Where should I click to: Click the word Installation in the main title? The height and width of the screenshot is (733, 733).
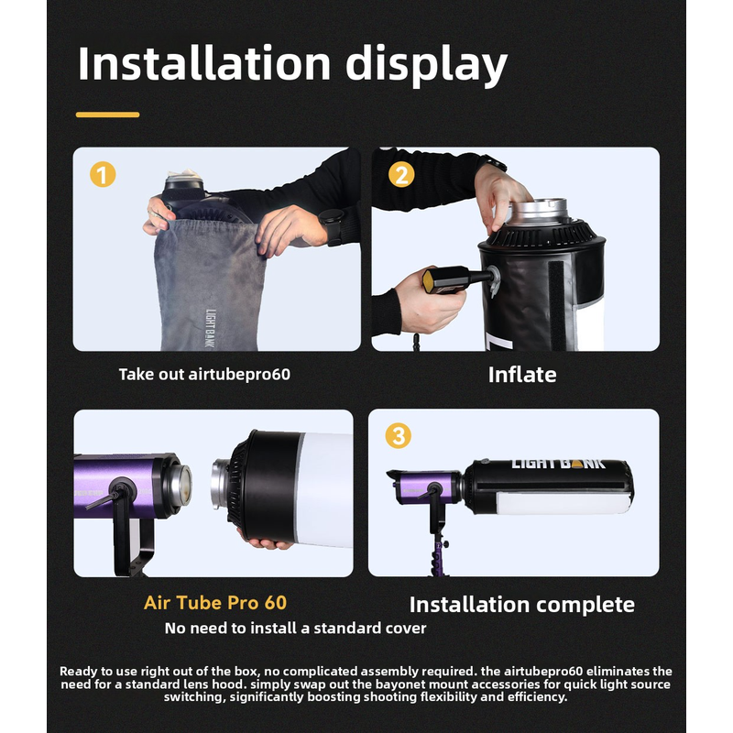[x=204, y=63]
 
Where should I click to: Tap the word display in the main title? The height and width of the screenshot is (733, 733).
[x=426, y=65]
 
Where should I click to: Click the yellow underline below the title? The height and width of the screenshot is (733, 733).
[x=107, y=115]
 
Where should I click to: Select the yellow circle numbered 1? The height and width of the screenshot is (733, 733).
[x=103, y=174]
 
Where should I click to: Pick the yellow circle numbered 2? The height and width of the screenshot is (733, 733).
[x=401, y=174]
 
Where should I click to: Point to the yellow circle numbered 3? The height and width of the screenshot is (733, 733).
[x=399, y=436]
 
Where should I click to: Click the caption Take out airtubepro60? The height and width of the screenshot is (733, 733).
[x=204, y=375]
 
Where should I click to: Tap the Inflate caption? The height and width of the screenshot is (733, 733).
[x=522, y=375]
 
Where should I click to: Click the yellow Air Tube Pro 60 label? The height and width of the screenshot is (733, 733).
[x=215, y=603]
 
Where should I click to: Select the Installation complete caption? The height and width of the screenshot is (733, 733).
[x=522, y=605]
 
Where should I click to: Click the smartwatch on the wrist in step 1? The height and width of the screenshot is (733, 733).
[x=333, y=226]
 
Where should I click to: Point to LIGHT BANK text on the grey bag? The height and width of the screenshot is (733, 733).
[x=211, y=328]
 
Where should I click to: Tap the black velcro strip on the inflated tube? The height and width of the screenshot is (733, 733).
[x=556, y=305]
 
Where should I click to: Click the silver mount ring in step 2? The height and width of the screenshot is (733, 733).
[x=539, y=212]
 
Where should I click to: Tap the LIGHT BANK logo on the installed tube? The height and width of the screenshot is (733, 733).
[x=558, y=464]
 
